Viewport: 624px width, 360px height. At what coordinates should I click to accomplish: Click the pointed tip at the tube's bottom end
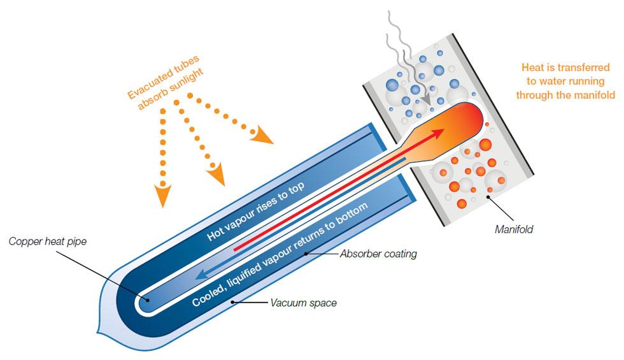(96, 331)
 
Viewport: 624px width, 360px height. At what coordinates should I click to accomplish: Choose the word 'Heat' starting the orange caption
(533, 67)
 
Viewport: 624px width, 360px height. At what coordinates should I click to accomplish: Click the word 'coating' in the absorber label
(399, 254)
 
